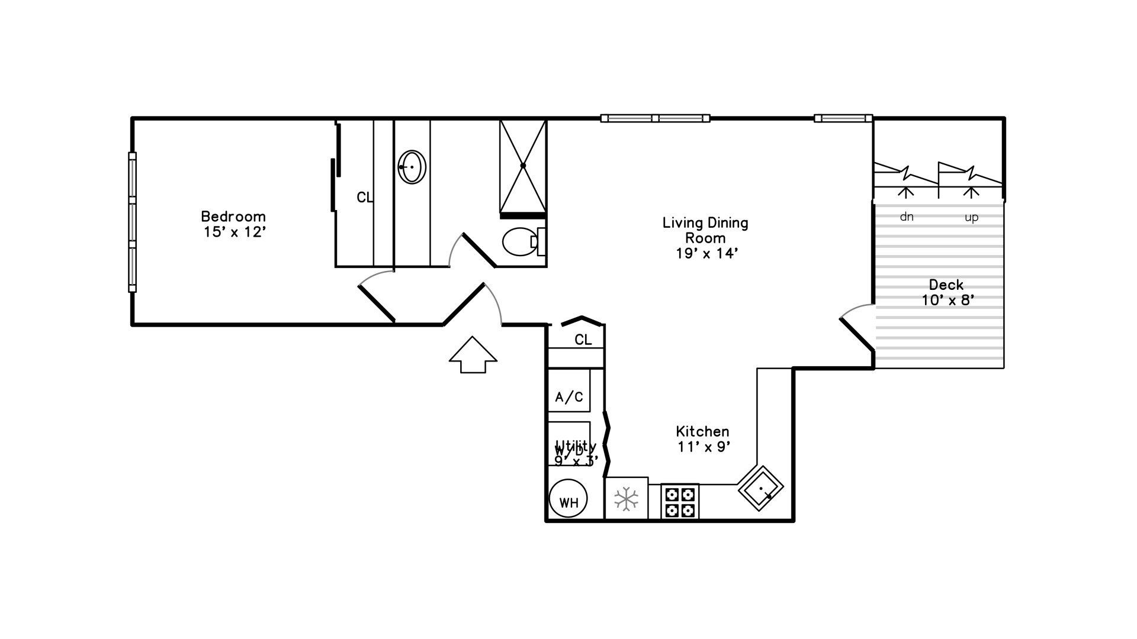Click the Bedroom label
click(233, 217)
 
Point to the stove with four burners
click(679, 502)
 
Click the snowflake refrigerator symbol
click(626, 499)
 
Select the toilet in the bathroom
click(519, 241)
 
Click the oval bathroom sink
click(412, 167)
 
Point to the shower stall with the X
click(522, 166)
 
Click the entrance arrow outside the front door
click(473, 355)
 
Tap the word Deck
click(946, 285)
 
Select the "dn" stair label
click(906, 217)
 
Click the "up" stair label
click(971, 218)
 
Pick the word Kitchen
click(702, 431)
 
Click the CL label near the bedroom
click(365, 198)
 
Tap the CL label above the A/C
click(583, 340)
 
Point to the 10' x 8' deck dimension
click(947, 301)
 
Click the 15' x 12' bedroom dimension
click(233, 232)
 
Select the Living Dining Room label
click(705, 231)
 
